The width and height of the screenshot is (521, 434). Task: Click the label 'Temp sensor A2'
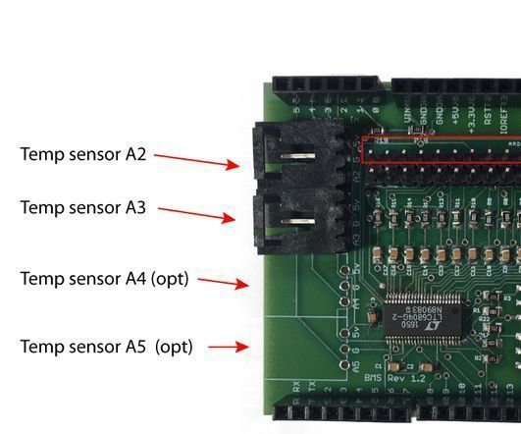pyautogui.click(x=82, y=154)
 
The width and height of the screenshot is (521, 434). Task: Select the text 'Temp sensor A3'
pyautogui.click(x=82, y=208)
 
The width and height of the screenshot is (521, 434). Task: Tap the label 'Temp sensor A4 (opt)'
pyautogui.click(x=103, y=279)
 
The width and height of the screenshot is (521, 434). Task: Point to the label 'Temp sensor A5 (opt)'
pyautogui.click(x=106, y=347)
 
